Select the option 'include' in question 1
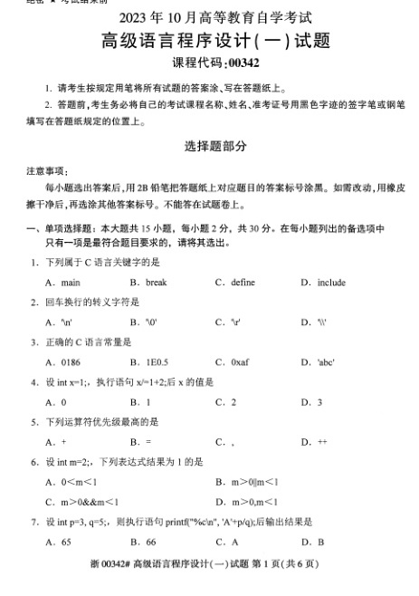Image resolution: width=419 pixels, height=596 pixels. (331, 283)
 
